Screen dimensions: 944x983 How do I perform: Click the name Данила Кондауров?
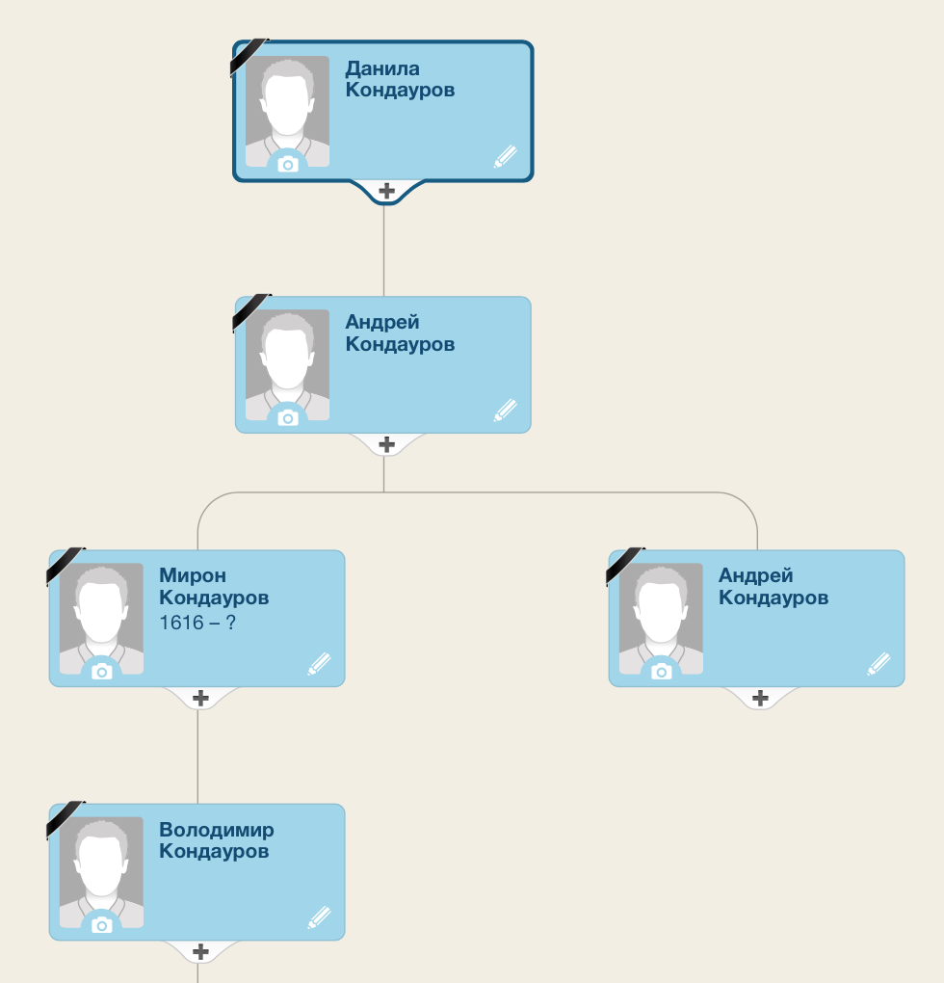[400, 79]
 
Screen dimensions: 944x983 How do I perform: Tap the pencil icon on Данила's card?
[506, 157]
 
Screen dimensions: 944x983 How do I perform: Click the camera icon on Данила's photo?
[287, 165]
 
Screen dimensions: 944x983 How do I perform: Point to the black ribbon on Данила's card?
[249, 57]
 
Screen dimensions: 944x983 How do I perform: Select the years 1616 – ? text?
[197, 623]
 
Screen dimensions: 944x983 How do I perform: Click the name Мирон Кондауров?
[214, 586]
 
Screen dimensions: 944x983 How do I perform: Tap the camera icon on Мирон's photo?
[101, 672]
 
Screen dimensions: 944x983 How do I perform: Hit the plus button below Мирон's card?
[200, 698]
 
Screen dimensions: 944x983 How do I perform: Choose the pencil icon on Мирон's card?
[320, 664]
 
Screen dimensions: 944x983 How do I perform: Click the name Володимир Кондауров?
[216, 840]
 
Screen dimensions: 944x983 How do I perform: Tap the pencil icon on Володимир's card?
[320, 917]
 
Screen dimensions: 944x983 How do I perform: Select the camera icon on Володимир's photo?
[101, 925]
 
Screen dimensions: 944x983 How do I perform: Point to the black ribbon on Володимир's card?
[66, 819]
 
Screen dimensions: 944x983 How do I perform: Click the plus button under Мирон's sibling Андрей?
[760, 698]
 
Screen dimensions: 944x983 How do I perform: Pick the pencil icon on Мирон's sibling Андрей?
[878, 664]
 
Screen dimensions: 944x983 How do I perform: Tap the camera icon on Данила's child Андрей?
[287, 418]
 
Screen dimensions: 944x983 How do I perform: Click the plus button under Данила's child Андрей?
[386, 444]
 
